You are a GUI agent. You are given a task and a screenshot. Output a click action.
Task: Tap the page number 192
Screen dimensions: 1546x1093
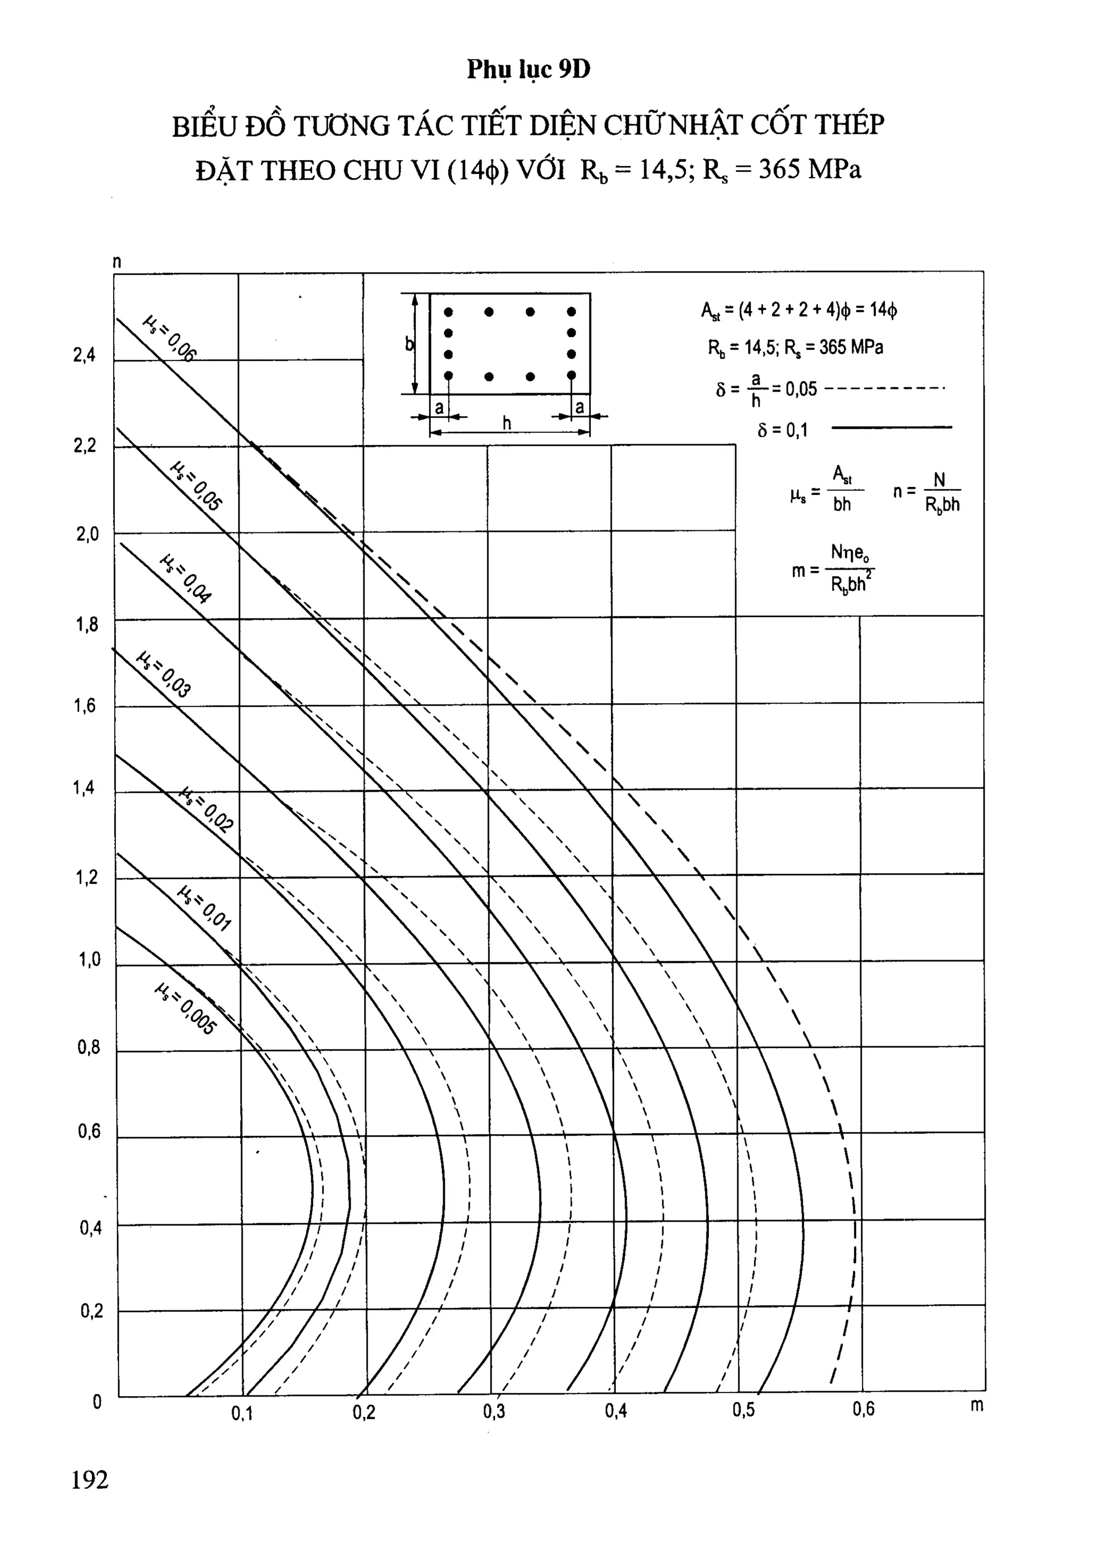coord(90,1479)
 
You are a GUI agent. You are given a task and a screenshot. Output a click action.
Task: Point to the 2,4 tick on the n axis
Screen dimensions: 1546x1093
coord(85,355)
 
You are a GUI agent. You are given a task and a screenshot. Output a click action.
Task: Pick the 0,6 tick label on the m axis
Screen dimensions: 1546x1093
coord(864,1409)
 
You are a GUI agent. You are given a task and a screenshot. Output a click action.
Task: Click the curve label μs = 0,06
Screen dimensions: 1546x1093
coord(170,339)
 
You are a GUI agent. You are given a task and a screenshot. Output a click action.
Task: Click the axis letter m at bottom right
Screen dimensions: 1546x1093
coord(977,1405)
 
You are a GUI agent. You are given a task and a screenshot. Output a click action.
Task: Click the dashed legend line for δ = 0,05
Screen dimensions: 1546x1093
coord(884,388)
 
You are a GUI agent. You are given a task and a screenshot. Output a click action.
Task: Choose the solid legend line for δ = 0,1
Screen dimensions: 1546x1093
coord(892,427)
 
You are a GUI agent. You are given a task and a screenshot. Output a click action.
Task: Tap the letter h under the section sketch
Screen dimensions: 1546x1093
coord(506,423)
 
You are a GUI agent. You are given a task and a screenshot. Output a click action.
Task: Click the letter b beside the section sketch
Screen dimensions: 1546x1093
coord(409,344)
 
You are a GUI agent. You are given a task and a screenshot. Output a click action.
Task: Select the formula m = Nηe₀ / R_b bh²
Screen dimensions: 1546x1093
coord(833,570)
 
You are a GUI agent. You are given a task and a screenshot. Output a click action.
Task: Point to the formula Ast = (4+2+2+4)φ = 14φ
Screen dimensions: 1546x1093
coord(799,310)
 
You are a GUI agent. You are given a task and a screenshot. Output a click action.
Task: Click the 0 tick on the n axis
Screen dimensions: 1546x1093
coord(97,1402)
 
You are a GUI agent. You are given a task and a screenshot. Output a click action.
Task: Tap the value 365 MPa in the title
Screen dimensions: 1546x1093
coord(810,169)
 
